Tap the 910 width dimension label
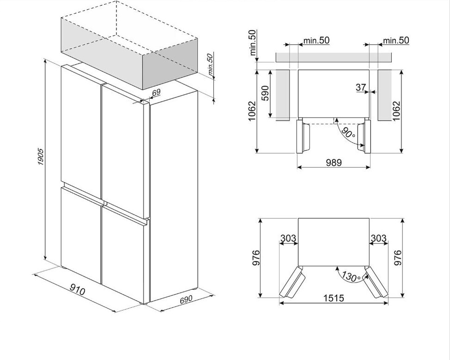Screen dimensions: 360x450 [78, 290]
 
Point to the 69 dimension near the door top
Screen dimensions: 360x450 [156, 92]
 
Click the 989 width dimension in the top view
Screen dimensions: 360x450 [334, 162]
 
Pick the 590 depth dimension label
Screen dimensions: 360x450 [265, 95]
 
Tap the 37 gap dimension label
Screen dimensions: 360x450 [361, 87]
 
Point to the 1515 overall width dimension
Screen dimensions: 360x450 [334, 299]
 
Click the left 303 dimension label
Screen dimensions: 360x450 [288, 238]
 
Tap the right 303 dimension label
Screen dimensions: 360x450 [378, 238]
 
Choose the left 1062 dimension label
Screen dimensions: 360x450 [252, 111]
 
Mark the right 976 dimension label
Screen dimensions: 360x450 [398, 258]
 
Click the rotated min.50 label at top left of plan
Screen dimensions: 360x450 [252, 43]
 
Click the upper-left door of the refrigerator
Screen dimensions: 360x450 [81, 129]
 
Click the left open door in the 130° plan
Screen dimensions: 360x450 [292, 283]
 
